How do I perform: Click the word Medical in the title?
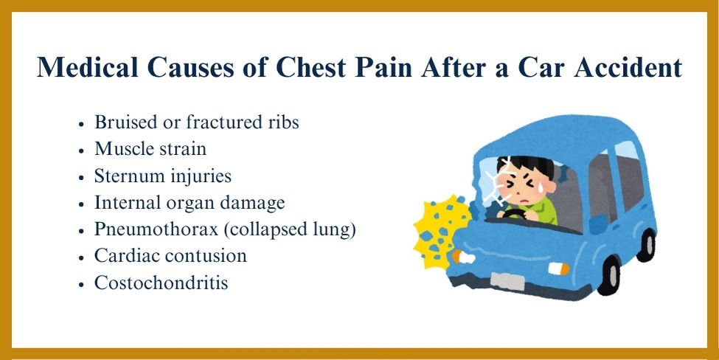(88, 67)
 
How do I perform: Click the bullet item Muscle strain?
(150, 148)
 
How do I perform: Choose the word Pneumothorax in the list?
(156, 229)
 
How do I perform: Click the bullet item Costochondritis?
(161, 283)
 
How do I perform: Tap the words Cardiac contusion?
(170, 255)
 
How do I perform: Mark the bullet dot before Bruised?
(82, 124)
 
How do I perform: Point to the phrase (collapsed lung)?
(290, 229)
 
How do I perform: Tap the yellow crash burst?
(440, 232)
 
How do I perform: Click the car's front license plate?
(507, 280)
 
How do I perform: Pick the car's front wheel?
(609, 274)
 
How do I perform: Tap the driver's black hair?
(527, 166)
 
